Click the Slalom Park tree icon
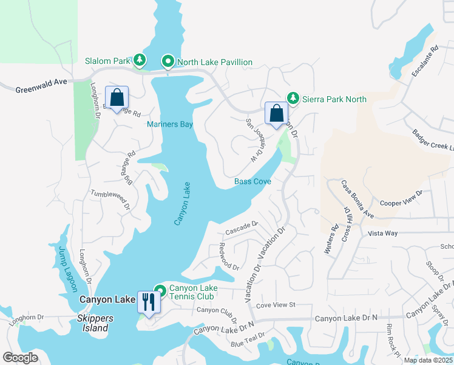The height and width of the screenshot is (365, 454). [x=140, y=60]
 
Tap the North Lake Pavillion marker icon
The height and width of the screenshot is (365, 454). [x=167, y=61]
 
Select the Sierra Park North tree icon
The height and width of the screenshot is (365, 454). [x=293, y=98]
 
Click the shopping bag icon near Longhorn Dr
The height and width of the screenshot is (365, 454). [x=117, y=97]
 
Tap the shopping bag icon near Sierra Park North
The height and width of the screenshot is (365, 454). [x=276, y=113]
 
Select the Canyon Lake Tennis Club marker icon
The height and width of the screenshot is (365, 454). [x=160, y=290]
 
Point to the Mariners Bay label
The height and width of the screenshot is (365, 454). [x=169, y=124]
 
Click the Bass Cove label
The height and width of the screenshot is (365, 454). [x=252, y=181]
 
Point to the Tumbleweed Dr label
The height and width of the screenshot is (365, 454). [x=110, y=198]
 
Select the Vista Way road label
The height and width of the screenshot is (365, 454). [x=382, y=233]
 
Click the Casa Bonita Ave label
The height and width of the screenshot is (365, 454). [x=356, y=199]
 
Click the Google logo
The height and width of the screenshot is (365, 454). [x=21, y=357]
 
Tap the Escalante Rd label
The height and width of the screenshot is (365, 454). [x=424, y=60]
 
